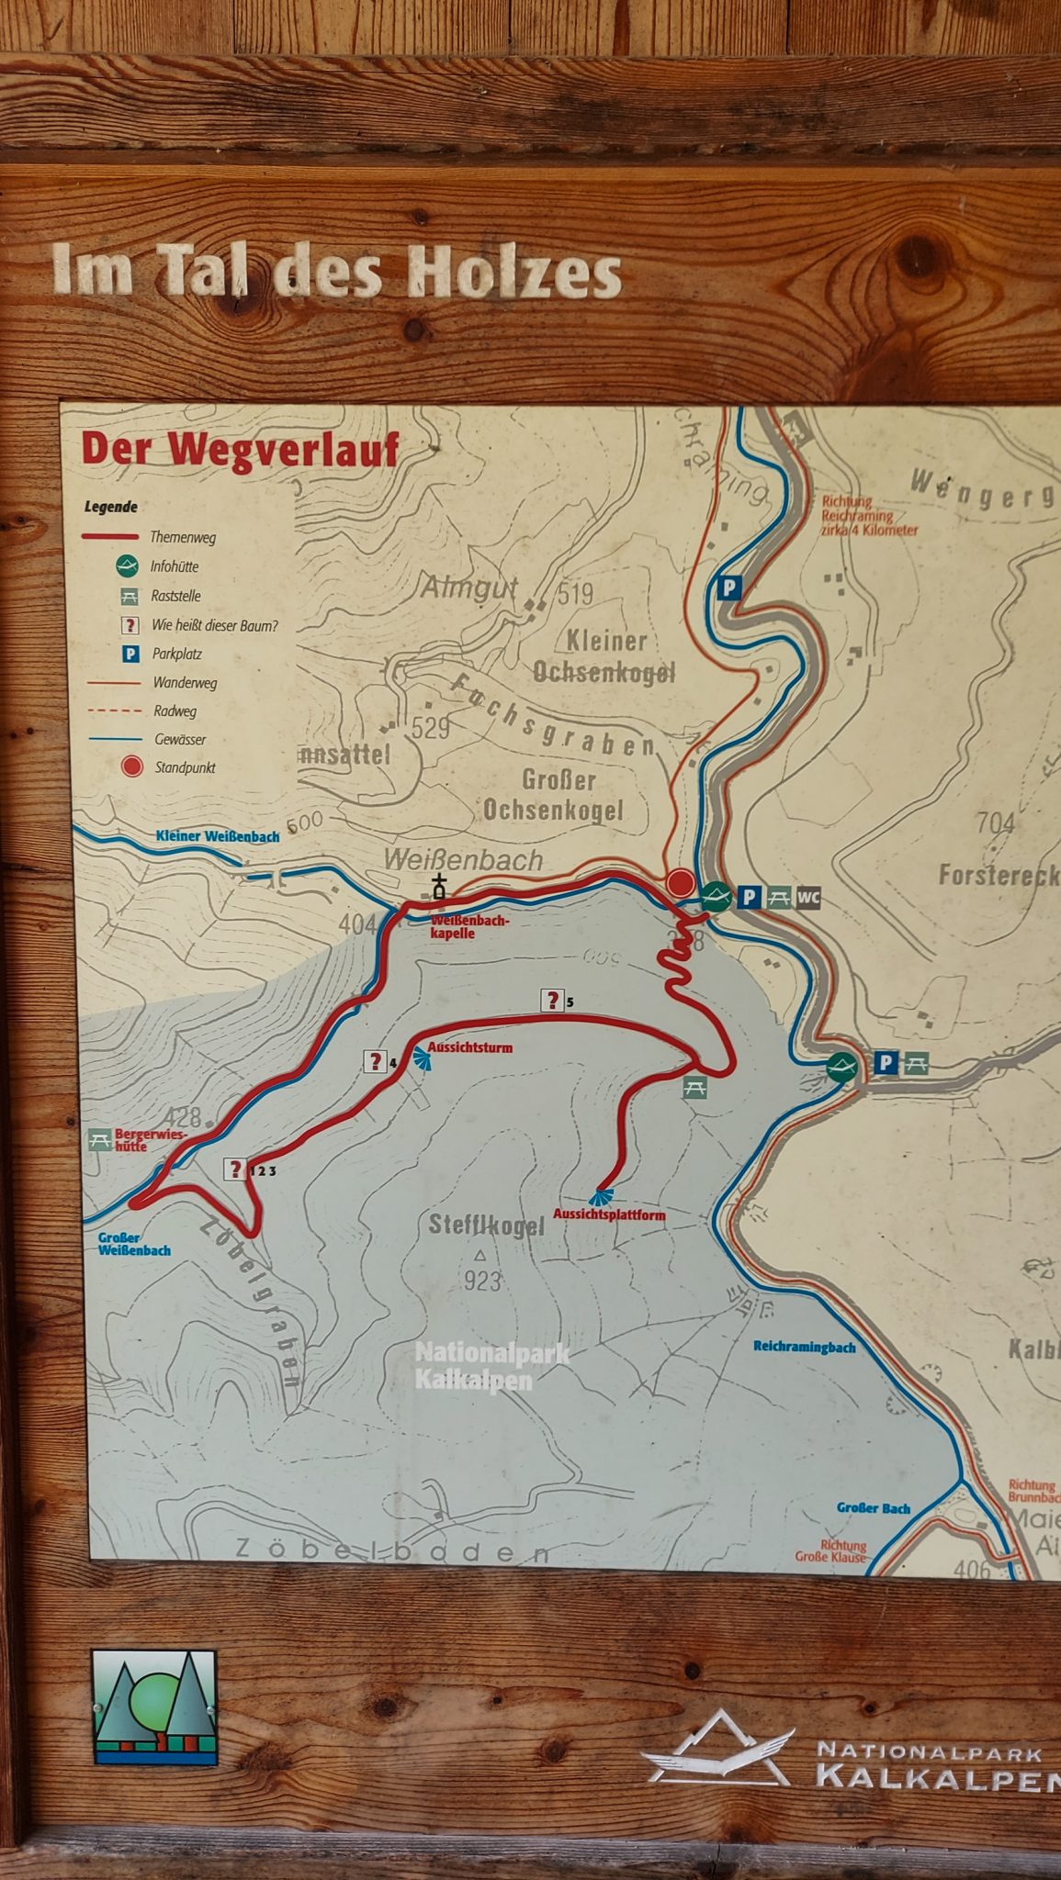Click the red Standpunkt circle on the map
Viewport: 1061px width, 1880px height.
click(681, 883)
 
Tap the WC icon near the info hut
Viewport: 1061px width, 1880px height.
click(807, 897)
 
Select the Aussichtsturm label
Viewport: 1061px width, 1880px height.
click(469, 1047)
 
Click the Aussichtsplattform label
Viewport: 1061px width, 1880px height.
click(609, 1214)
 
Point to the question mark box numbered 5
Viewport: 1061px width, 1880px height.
click(552, 1000)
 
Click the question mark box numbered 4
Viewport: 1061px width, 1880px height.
click(375, 1061)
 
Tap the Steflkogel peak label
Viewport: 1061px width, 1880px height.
click(486, 1225)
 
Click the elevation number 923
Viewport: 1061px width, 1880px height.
click(482, 1281)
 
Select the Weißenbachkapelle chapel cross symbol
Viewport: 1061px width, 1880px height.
click(440, 888)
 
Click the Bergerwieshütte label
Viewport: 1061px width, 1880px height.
click(149, 1140)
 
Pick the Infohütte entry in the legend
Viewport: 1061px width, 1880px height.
click(174, 566)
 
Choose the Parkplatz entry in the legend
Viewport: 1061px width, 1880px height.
click(175, 654)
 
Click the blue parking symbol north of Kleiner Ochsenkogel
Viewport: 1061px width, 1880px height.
click(729, 587)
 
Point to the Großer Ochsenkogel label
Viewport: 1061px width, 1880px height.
click(554, 795)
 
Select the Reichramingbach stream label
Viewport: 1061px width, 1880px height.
click(804, 1347)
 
